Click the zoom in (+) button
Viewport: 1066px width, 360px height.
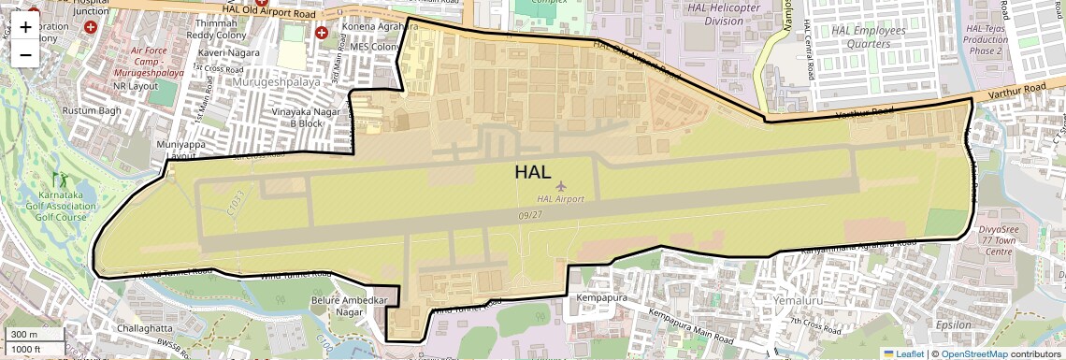pyautogui.click(x=25, y=26)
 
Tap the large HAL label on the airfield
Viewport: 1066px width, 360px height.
pyautogui.click(x=532, y=172)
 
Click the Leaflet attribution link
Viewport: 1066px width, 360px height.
pyautogui.click(x=903, y=353)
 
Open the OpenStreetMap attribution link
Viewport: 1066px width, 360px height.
pyautogui.click(x=973, y=353)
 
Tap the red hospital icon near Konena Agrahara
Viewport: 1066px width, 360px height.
pyautogui.click(x=322, y=33)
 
